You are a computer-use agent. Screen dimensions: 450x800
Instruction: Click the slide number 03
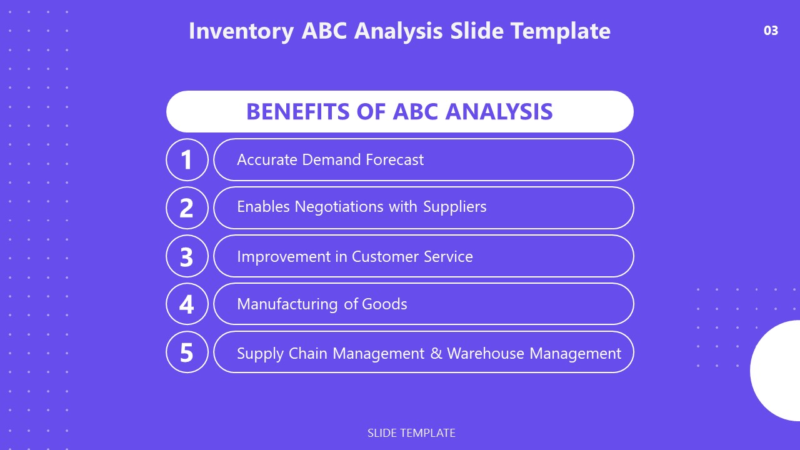771,30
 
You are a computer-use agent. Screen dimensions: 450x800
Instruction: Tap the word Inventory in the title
241,31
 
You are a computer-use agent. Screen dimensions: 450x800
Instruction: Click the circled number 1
187,160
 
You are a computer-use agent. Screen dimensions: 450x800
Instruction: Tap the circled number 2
187,208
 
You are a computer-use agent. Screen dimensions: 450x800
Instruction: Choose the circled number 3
187,256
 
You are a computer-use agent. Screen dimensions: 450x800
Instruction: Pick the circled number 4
187,304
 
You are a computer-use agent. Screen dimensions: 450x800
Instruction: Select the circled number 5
187,352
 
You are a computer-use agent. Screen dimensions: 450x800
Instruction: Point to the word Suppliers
455,207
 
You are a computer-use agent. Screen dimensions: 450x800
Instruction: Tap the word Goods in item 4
384,304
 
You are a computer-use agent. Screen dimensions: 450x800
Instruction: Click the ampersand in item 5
436,353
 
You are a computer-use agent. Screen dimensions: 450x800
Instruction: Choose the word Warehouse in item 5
486,353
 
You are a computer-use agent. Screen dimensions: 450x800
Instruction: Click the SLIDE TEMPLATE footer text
411,432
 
